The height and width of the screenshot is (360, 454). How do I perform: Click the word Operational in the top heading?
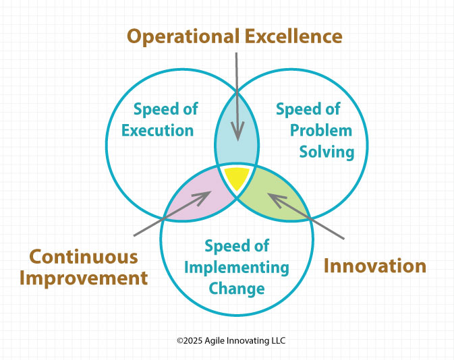183,37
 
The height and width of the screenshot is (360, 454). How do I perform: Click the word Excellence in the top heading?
293,36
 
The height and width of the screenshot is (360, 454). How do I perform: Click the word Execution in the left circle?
157,131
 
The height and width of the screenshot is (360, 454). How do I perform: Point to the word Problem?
321,131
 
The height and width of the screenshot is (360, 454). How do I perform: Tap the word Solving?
327,152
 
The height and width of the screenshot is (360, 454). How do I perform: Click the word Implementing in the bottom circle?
237,268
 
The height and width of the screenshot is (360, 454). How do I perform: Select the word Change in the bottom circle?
237,289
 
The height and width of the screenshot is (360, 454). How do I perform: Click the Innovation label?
374,266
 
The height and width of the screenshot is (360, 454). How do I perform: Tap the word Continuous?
84,257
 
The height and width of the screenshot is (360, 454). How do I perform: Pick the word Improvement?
84,278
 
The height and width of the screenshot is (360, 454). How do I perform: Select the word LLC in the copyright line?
278,340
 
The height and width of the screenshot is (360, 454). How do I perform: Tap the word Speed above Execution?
153,110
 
